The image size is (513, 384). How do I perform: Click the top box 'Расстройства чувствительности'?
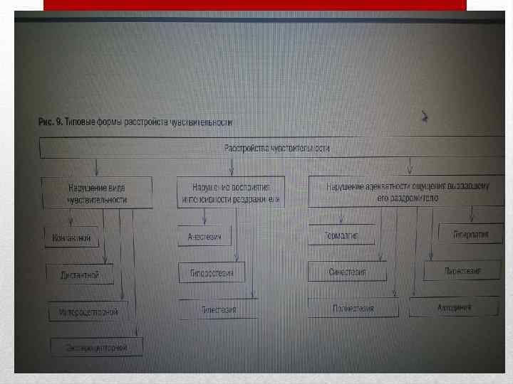coord(276,148)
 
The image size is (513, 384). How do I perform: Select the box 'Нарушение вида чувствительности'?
coord(97,193)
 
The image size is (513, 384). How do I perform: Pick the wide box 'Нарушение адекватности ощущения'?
coord(407,191)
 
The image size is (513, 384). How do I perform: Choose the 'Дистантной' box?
coord(80,274)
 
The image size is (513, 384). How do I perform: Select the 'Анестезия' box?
coord(206,237)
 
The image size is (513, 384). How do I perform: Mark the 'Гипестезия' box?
coord(218,309)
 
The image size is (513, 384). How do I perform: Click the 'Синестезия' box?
coord(347,272)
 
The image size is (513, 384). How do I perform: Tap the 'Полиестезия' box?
coord(353,308)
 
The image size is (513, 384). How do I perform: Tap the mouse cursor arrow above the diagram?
coord(425,117)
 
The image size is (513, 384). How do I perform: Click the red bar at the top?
coord(255,5)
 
